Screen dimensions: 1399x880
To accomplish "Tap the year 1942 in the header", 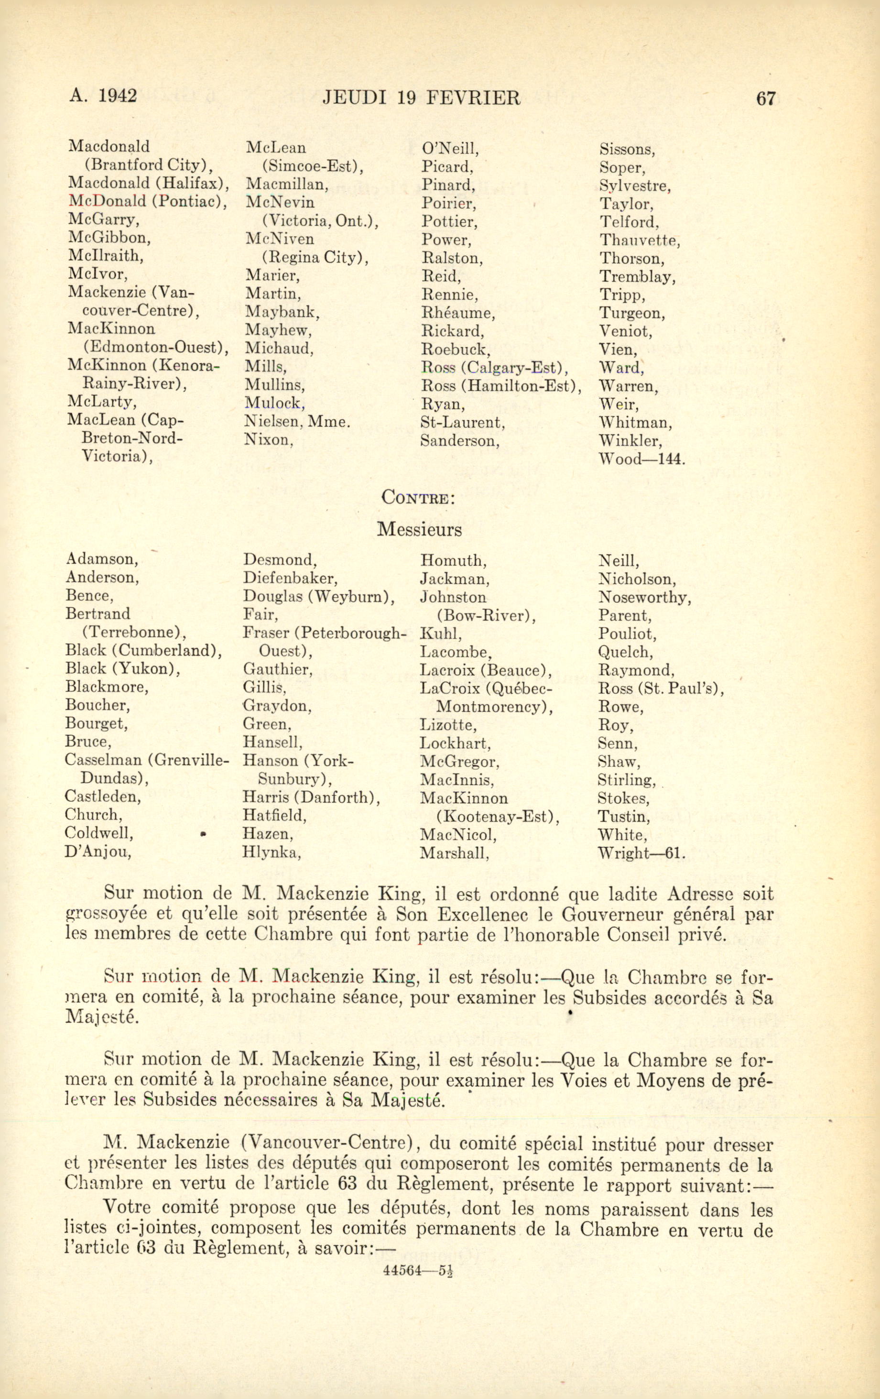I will [117, 95].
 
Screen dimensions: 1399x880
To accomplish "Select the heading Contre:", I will [418, 497].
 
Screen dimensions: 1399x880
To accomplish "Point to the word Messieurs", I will [419, 529].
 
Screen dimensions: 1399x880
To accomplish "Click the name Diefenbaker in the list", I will [291, 578].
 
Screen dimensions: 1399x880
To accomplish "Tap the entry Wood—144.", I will [642, 459].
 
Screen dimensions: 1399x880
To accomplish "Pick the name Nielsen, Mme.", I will [297, 421].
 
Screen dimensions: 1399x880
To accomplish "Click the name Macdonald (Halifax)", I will [149, 183].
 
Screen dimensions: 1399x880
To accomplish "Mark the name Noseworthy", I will [645, 597].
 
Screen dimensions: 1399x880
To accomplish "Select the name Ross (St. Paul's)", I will [661, 689].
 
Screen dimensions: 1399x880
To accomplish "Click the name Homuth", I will [454, 561].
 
